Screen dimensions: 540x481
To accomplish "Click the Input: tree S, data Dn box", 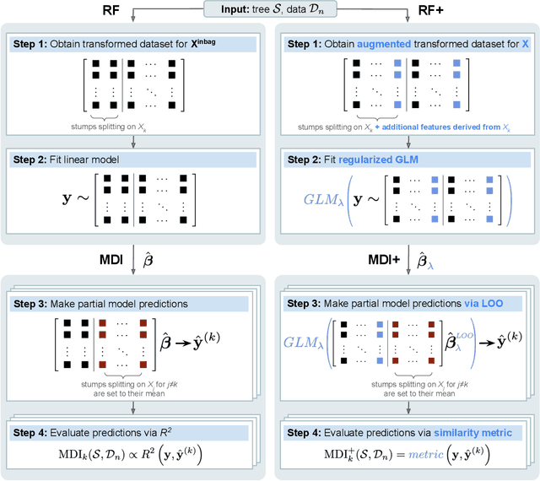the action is [270, 10].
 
